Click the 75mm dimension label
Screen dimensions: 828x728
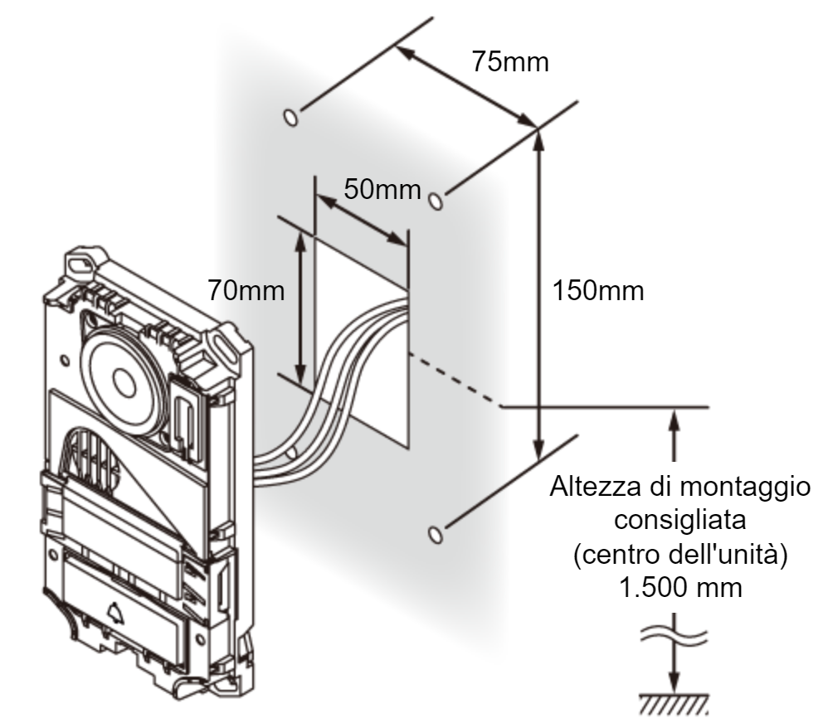point(510,61)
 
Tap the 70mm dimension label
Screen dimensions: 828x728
point(246,290)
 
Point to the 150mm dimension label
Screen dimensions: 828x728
point(597,291)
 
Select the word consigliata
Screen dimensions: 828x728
point(680,520)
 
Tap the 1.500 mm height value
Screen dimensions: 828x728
point(680,588)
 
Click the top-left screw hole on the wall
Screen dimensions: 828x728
point(290,117)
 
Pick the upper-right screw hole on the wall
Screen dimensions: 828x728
point(435,201)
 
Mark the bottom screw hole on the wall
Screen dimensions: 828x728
point(435,534)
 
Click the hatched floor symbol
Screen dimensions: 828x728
point(674,704)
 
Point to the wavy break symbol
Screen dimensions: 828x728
point(674,634)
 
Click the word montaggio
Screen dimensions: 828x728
point(744,488)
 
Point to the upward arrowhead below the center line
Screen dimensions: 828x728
point(674,420)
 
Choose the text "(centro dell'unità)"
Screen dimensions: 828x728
point(680,555)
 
